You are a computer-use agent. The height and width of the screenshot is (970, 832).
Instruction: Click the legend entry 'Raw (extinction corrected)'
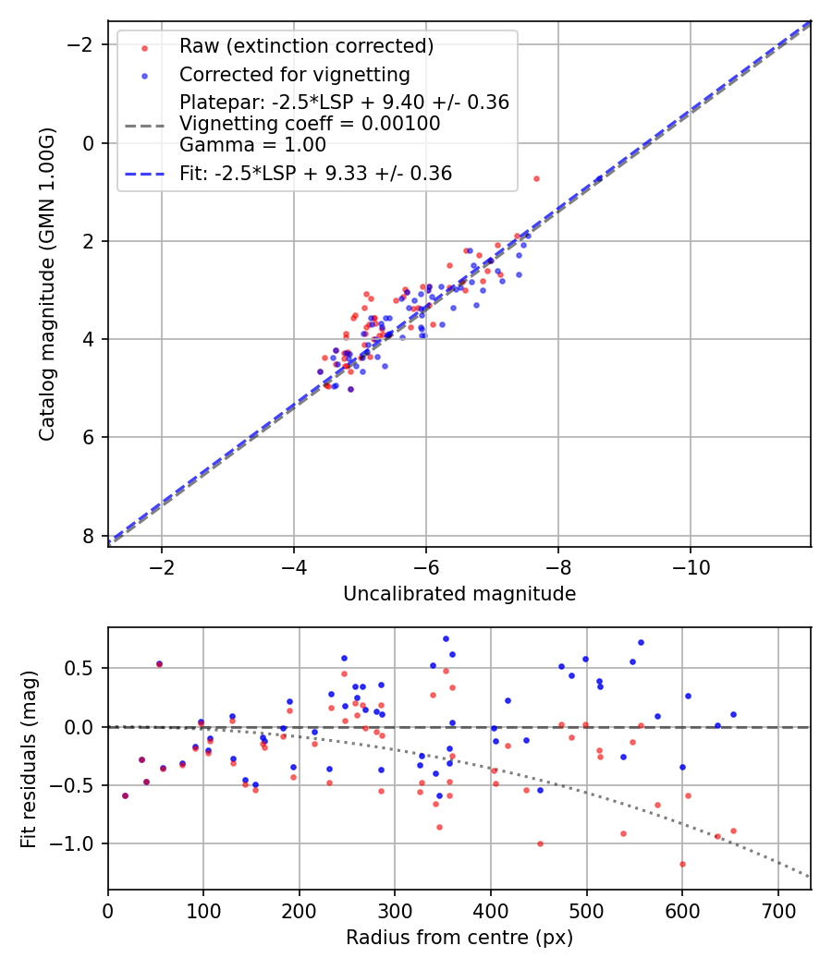click(306, 46)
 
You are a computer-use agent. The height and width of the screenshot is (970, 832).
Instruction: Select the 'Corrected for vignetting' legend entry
click(294, 74)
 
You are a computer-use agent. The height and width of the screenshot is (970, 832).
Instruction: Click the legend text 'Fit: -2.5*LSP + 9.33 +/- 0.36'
click(315, 173)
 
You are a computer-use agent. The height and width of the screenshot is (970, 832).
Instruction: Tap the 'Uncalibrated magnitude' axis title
click(459, 594)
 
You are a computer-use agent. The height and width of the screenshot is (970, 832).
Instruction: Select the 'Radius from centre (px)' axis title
click(459, 938)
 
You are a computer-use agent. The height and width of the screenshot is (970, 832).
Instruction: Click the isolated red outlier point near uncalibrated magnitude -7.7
click(536, 178)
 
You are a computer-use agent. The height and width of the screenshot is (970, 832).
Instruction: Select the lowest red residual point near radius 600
click(682, 864)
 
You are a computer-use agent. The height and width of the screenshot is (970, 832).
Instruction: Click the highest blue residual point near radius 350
click(446, 638)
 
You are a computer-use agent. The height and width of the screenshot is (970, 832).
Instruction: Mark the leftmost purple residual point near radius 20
click(125, 795)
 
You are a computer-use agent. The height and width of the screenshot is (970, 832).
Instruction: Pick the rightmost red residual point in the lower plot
click(733, 831)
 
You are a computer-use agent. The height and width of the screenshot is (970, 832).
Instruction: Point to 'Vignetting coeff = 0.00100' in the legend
click(310, 124)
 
